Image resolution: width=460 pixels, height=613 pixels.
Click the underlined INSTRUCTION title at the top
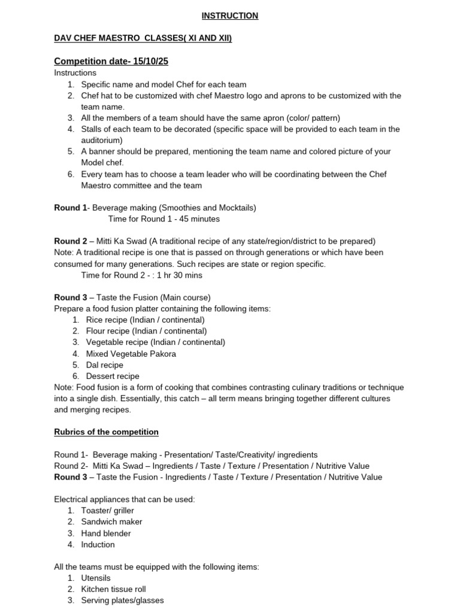[230, 16]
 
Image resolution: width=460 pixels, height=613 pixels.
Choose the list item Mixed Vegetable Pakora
[131, 354]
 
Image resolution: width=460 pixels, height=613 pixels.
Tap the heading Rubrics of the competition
[106, 432]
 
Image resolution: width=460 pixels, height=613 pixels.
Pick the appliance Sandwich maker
[111, 522]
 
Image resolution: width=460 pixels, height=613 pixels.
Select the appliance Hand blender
[105, 533]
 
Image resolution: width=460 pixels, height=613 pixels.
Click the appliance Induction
[98, 545]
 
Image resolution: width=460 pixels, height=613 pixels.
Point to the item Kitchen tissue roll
[113, 590]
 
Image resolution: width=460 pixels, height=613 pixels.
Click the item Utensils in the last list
[96, 578]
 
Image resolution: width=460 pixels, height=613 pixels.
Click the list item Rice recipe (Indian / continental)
[145, 320]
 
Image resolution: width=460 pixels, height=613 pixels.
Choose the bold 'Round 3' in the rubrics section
[71, 477]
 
